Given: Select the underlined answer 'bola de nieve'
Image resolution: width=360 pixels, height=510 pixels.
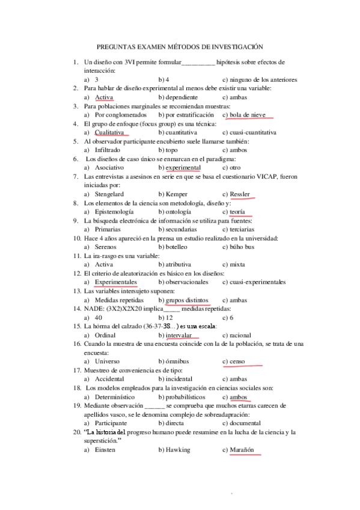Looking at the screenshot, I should point(249,114).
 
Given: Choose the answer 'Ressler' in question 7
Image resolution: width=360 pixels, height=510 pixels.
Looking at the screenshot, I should point(239,194).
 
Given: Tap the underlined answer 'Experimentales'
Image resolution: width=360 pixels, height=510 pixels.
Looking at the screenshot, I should point(116,281).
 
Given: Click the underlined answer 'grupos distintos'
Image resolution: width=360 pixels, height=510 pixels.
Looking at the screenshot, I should point(186,300).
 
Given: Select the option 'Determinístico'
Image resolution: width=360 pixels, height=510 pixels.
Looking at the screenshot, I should point(119,397).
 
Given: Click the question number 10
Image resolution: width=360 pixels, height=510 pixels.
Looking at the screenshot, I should point(76,238).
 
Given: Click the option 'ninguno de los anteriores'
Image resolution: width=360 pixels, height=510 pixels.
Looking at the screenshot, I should point(263,79).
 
